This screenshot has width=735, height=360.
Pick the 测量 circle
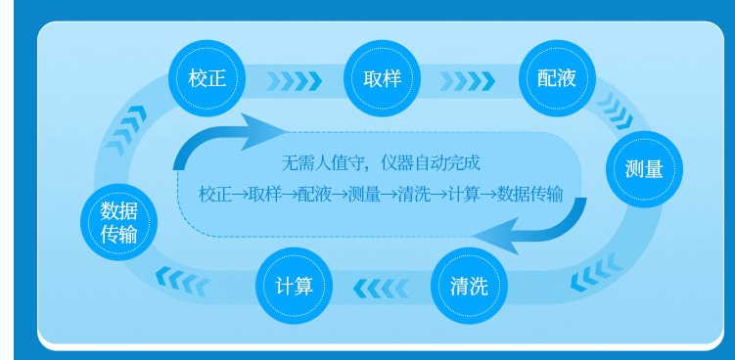644,167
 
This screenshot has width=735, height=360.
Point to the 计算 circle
294,286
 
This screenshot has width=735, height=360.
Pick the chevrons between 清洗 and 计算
380,287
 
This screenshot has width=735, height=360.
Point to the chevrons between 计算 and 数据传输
182,282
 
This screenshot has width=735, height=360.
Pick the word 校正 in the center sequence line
213,193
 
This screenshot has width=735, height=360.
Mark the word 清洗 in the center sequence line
413,193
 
